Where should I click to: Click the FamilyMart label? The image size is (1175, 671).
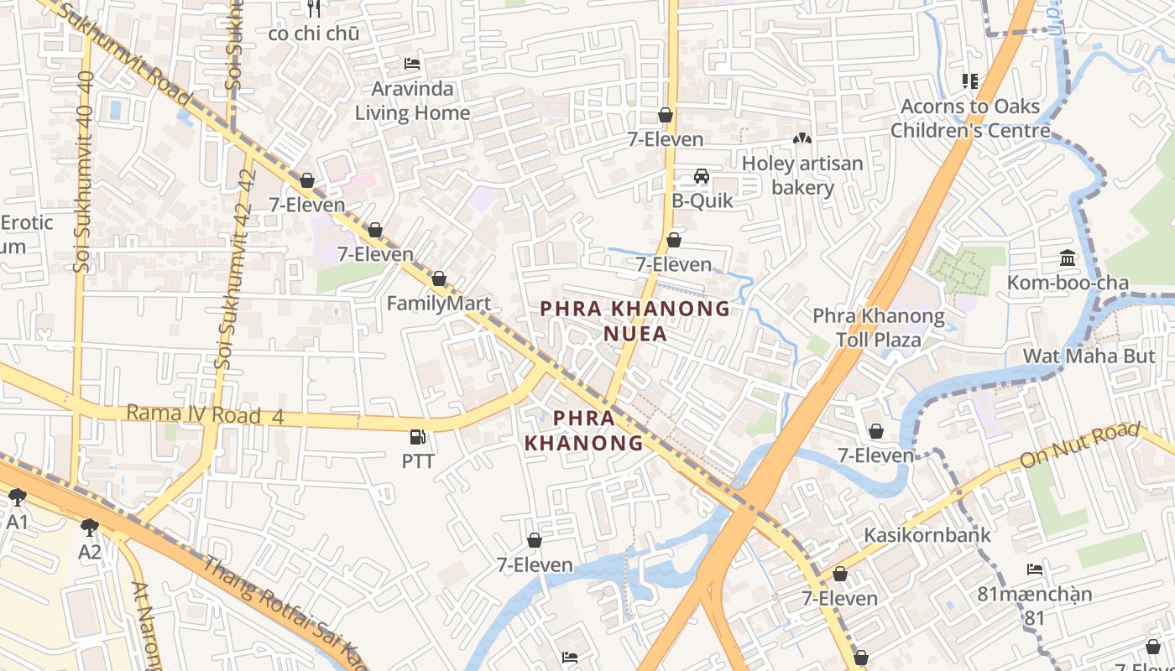(438, 303)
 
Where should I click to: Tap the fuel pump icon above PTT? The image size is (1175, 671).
(417, 436)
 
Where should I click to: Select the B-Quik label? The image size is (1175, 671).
(702, 200)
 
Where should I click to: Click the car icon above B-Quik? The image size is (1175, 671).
(702, 176)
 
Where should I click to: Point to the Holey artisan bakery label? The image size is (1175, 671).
(802, 175)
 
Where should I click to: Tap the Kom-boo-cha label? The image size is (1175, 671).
(1068, 283)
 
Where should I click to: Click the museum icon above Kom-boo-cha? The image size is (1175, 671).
(1068, 257)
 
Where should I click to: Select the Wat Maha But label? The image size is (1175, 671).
(1089, 356)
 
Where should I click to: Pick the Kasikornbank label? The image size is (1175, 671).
(927, 535)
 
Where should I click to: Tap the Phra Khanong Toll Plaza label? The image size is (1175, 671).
(878, 328)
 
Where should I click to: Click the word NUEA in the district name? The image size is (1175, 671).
(635, 334)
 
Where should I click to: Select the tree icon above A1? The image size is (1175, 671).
(18, 497)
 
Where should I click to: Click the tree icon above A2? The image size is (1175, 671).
(90, 527)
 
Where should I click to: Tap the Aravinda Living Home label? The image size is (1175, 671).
(412, 101)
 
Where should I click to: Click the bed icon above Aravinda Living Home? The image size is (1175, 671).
(412, 63)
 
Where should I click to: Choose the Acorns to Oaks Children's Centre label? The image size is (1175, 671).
(969, 118)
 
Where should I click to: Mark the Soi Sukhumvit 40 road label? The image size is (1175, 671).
(83, 172)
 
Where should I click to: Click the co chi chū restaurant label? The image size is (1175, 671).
(314, 34)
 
